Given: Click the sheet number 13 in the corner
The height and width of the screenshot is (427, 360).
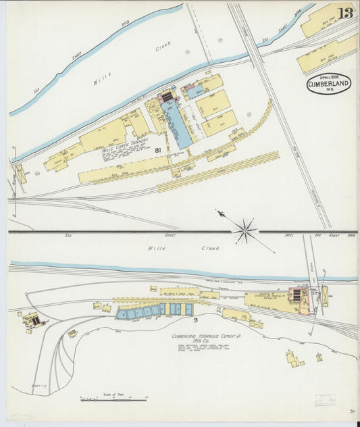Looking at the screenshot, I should click(344, 14).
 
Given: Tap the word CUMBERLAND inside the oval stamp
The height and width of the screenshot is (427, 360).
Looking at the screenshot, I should click(329, 84).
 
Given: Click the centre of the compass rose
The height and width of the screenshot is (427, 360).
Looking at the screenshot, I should click(245, 231).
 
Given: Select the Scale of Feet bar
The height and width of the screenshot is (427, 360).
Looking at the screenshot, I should click(113, 400).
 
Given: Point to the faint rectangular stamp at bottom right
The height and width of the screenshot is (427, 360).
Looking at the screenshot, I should click(326, 400).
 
